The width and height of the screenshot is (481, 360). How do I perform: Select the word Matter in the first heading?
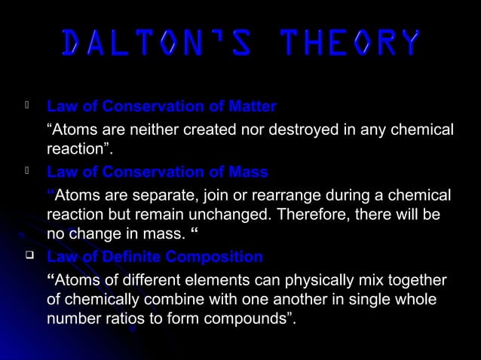coord(251,105)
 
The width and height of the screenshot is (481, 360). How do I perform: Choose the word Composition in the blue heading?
coord(215,257)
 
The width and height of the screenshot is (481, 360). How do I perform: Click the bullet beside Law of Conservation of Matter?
coord(27,105)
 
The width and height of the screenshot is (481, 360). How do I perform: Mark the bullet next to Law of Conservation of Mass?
coord(27,172)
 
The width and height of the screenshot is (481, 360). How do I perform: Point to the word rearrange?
coord(271,196)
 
